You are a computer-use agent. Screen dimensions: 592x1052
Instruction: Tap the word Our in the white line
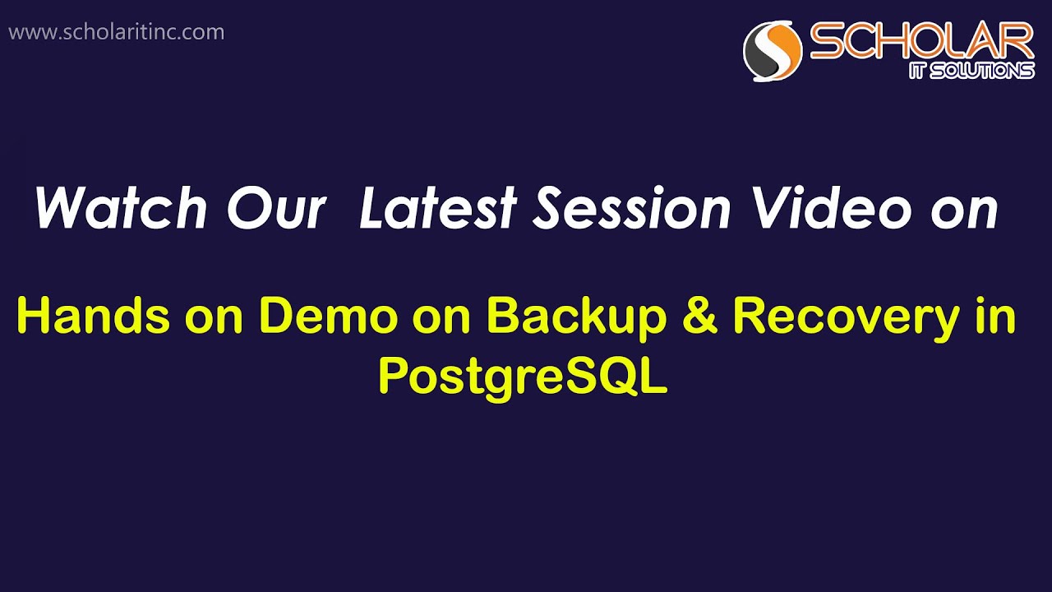276,208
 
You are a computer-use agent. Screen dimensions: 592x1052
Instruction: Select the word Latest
437,208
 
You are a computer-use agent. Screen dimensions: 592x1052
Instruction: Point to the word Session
631,208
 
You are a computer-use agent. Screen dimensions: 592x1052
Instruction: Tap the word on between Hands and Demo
213,317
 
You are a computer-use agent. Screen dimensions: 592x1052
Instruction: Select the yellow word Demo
328,316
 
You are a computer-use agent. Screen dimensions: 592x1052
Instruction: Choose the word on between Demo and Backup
448,317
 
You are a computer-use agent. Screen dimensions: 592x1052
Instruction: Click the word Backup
576,317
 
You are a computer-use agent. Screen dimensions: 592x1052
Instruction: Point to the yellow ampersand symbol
699,317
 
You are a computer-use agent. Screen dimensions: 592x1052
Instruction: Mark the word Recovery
846,317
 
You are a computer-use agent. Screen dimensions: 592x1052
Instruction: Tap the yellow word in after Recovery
997,316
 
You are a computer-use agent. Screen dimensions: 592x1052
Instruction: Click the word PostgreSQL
523,377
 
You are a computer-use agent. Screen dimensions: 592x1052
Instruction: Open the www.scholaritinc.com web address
116,32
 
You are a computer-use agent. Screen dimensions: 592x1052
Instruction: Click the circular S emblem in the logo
773,50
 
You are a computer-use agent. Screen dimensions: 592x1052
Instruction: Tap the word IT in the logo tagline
921,72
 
